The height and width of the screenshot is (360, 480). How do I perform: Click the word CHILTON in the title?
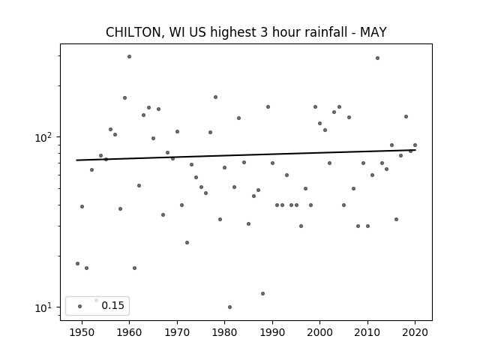click(133, 32)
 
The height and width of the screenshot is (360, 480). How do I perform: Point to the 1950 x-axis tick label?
click(82, 332)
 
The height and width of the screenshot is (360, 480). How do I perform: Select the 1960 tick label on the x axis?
click(129, 332)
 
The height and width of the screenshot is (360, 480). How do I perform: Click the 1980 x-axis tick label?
click(224, 332)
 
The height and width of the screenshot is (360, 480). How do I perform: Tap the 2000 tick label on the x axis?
click(320, 332)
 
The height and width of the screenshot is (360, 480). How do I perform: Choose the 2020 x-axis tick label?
click(415, 332)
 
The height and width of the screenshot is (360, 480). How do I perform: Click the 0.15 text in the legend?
click(112, 305)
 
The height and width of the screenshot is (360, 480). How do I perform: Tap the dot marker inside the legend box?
click(80, 306)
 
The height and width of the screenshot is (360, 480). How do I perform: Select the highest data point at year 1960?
click(129, 57)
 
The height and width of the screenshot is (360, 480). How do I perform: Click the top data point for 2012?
click(377, 58)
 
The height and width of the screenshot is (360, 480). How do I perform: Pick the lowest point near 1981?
click(230, 307)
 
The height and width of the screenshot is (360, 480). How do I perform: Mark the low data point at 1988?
click(262, 293)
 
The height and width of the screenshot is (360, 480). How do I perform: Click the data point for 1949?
click(77, 263)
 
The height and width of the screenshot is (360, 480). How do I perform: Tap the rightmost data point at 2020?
click(415, 145)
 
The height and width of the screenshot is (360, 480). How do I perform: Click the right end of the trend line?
click(415, 150)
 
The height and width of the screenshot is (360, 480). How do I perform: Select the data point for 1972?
click(187, 243)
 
